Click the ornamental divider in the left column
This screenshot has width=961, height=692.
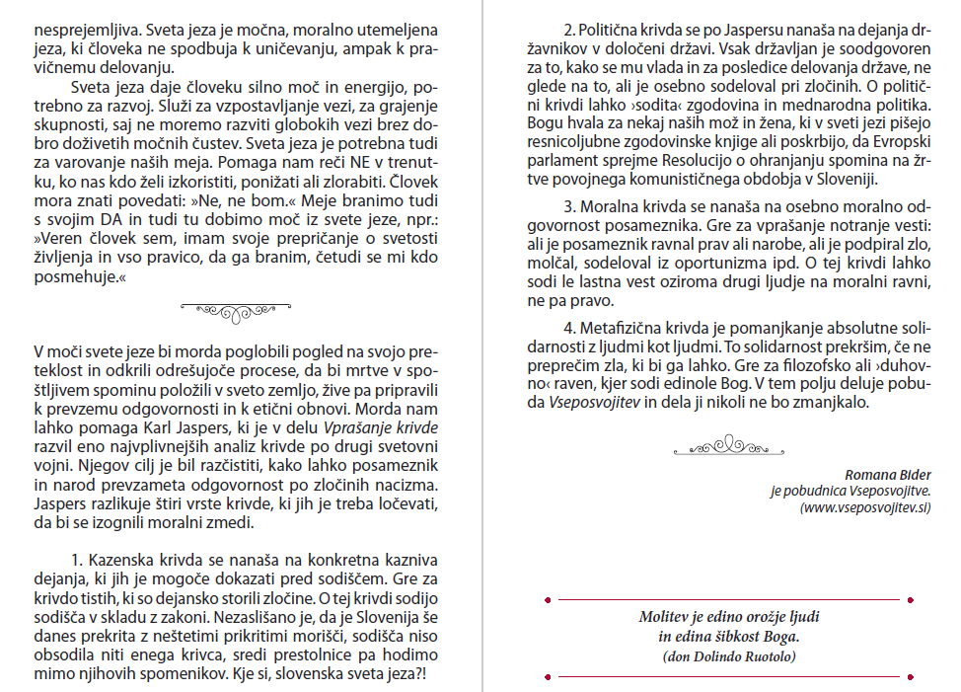pyautogui.click(x=239, y=310)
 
